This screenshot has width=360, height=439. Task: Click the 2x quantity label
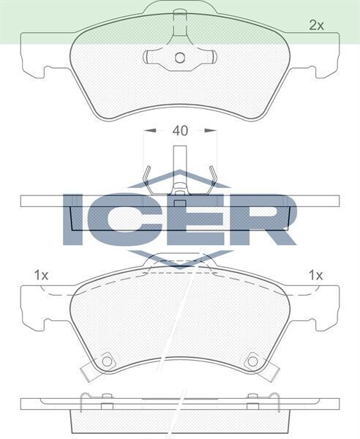(x=315, y=26)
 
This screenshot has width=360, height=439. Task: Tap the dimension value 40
(x=180, y=131)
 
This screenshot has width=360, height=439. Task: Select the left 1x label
(x=41, y=275)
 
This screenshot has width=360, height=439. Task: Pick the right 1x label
(x=315, y=275)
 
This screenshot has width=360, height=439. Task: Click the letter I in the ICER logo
(x=75, y=219)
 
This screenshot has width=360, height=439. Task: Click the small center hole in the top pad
(x=180, y=59)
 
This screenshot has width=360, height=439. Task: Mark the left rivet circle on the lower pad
(x=108, y=360)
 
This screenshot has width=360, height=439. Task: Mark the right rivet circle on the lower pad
(x=253, y=360)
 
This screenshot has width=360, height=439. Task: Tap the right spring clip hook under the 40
(x=214, y=176)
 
